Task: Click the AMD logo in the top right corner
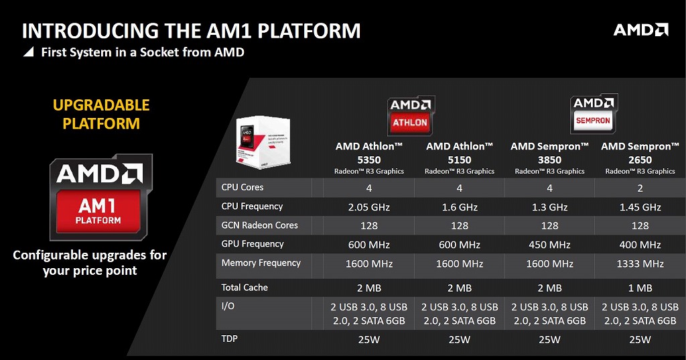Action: coord(640,29)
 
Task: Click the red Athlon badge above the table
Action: coord(410,115)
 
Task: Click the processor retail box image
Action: coord(262,138)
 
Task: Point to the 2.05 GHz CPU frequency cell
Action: coord(368,207)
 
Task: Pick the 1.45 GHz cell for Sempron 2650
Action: coord(640,207)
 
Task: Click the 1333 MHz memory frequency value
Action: coord(640,264)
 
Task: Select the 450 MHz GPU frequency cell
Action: coord(549,245)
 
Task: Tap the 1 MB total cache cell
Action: coord(640,288)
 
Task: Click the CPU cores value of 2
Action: coord(640,188)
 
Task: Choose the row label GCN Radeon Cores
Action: coord(259,225)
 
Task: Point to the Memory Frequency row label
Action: coord(261,263)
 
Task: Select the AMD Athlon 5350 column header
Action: coord(368,154)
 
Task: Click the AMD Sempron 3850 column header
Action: coord(549,154)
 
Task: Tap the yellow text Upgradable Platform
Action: coord(101,115)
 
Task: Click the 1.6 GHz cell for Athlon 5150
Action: coord(459,207)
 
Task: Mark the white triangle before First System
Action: coord(28,52)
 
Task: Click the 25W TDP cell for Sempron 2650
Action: coord(640,340)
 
